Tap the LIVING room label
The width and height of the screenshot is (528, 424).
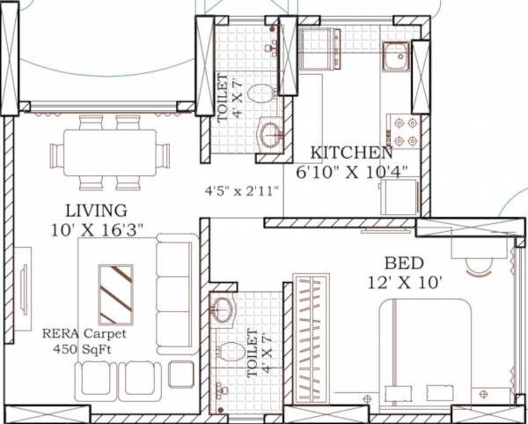pyautogui.click(x=95, y=211)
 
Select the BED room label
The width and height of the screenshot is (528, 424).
pyautogui.click(x=404, y=263)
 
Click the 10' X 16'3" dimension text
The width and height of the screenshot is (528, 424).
pyautogui.click(x=97, y=229)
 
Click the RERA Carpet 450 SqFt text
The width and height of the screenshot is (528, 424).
pyautogui.click(x=84, y=341)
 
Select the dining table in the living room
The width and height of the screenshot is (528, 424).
pyautogui.click(x=110, y=155)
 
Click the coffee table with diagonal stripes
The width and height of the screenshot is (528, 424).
pyautogui.click(x=116, y=294)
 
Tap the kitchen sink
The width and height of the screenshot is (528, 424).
pyautogui.click(x=395, y=57)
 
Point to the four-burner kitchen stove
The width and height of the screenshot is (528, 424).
pyautogui.click(x=405, y=131)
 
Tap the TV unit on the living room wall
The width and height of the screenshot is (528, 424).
pyautogui.click(x=23, y=290)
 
